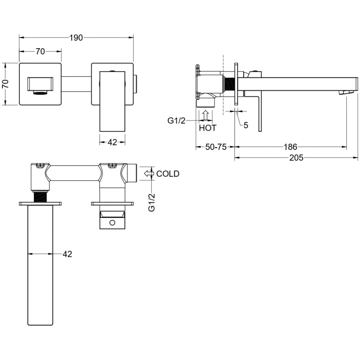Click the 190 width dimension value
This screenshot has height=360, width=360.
point(76,38)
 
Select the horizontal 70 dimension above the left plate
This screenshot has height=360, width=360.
point(40,51)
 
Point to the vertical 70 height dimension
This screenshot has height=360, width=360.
point(6,84)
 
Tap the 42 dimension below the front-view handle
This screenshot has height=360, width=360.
point(112,142)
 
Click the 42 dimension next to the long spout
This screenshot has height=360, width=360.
point(67,254)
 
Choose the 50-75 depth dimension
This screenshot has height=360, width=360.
point(216,147)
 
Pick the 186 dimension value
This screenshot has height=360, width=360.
point(290,147)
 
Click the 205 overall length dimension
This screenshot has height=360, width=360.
point(296,158)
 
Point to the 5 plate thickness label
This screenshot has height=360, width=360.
point(246,126)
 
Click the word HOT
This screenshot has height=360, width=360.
point(208,128)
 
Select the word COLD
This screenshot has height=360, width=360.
point(168,173)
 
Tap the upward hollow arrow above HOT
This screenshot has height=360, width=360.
point(206,115)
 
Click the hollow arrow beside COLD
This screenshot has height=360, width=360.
point(149,173)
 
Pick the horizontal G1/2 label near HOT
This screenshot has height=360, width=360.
point(176,120)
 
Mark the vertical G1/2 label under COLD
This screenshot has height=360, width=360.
point(152,202)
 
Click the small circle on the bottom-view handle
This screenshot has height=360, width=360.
point(112,222)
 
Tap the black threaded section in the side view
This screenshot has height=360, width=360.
point(228,84)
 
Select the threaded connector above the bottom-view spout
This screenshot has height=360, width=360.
point(40,197)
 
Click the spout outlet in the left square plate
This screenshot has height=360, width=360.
point(40,93)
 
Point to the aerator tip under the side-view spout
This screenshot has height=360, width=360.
point(345,92)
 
